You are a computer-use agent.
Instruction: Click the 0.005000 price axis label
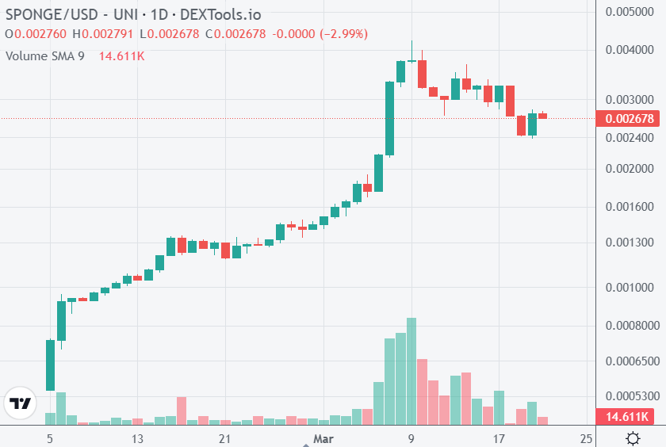[x=630, y=12]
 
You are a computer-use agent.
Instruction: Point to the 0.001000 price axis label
[x=630, y=288]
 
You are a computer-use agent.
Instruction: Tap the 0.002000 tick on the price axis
[x=630, y=169]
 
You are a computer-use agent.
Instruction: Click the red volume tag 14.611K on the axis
[x=628, y=417]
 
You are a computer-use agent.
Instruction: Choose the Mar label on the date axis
[x=322, y=438]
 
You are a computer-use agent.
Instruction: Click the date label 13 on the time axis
[x=137, y=438]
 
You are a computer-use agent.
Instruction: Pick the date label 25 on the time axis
[x=586, y=438]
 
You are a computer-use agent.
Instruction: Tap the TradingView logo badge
[x=20, y=403]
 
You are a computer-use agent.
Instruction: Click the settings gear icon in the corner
[x=633, y=438]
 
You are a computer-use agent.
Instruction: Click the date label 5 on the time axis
[x=50, y=438]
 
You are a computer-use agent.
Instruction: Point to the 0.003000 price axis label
[x=630, y=100]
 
